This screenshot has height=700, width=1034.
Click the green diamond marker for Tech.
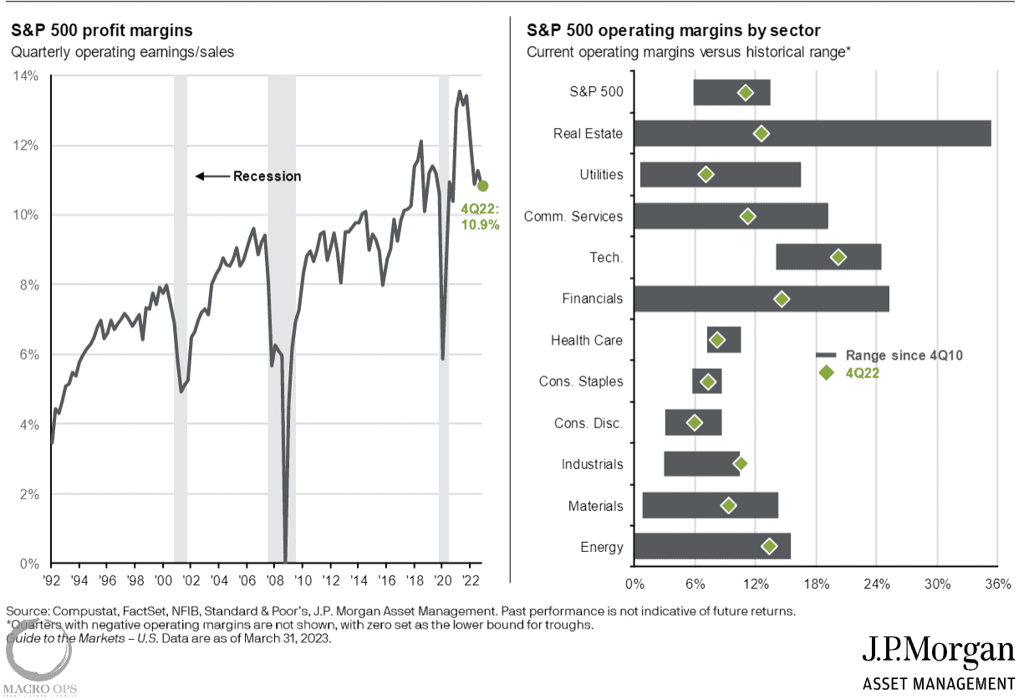[838, 258]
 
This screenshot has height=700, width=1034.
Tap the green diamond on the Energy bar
[769, 546]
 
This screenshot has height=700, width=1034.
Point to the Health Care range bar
[724, 340]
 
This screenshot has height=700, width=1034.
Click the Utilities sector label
[601, 175]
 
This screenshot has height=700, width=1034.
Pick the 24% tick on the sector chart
[877, 582]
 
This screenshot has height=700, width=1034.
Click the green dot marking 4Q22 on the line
[482, 186]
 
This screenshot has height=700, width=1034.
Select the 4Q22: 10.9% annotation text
[480, 217]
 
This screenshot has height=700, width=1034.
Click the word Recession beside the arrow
[267, 176]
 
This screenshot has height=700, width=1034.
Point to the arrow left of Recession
[211, 176]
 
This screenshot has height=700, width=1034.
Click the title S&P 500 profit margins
[101, 31]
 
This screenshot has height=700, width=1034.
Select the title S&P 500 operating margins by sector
[674, 31]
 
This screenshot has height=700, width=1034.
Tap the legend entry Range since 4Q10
[904, 355]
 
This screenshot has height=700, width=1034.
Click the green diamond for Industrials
[740, 463]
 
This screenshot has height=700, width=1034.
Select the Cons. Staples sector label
[580, 381]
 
